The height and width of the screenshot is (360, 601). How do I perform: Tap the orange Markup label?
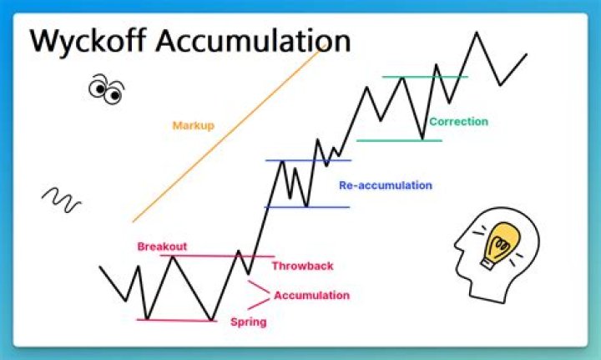(x=194, y=125)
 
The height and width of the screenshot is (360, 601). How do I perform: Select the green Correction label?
(x=458, y=122)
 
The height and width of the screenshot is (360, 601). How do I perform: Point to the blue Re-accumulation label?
(x=386, y=185)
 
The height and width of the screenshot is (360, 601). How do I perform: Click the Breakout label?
(x=162, y=246)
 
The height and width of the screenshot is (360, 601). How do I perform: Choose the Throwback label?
(x=302, y=266)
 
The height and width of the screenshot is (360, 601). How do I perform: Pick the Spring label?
(x=248, y=322)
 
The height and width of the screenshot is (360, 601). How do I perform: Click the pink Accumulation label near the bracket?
(x=311, y=295)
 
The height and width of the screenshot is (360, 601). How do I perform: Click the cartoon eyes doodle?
(x=106, y=89)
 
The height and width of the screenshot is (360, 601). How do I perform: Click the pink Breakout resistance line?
(x=209, y=256)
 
